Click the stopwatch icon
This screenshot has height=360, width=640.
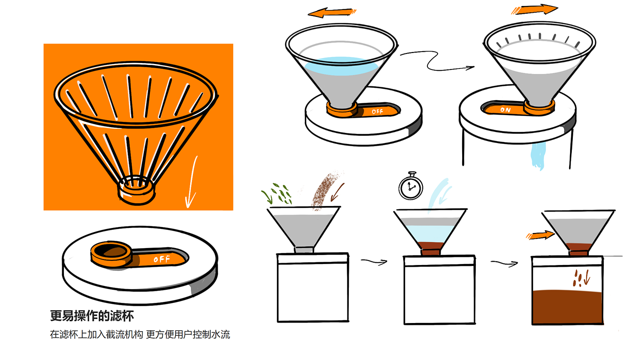click(x=411, y=186)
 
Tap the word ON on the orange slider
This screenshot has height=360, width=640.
click(x=505, y=110)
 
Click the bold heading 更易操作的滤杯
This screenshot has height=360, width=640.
click(x=91, y=316)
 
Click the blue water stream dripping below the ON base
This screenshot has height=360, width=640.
click(x=539, y=155)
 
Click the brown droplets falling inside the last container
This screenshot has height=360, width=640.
click(x=579, y=278)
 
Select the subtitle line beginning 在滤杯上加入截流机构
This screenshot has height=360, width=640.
click(x=140, y=334)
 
